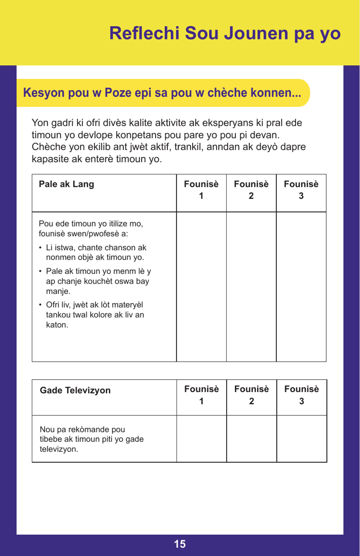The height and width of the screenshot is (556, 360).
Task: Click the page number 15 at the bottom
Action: click(180, 544)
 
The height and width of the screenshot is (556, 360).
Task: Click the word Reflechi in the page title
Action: click(144, 33)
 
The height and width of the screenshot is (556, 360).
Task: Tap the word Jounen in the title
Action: click(256, 33)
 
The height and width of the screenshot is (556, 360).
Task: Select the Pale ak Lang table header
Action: click(66, 184)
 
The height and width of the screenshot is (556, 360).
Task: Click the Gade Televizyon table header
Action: click(75, 390)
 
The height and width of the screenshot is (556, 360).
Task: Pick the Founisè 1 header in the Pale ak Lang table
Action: click(201, 190)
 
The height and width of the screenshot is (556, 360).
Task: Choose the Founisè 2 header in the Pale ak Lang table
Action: click(251, 190)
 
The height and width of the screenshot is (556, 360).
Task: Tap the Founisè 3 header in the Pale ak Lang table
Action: click(301, 190)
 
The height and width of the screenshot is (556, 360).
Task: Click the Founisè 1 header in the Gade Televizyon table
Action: click(202, 395)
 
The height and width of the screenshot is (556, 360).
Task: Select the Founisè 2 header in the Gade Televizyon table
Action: click(252, 395)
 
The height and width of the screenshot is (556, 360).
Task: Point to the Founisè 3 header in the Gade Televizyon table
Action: click(302, 395)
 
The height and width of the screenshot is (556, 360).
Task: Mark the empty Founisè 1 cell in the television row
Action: click(202, 439)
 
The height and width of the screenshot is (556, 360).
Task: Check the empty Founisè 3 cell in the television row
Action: click(302, 439)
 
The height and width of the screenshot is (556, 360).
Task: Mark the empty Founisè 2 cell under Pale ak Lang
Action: click(251, 287)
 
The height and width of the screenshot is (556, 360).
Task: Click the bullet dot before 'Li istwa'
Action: click(41, 248)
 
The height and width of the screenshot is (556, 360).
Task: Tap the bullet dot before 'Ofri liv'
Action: click(41, 305)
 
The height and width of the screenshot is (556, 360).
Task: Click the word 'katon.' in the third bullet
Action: click(57, 325)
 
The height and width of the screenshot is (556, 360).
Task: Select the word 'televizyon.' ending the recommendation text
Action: click(59, 449)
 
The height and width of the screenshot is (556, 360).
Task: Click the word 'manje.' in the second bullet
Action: click(58, 291)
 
